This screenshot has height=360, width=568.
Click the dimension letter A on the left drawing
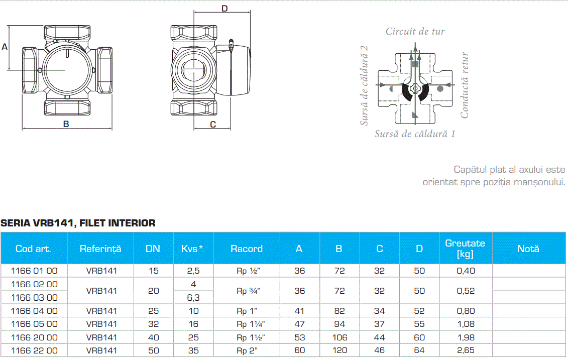click(x=5, y=47)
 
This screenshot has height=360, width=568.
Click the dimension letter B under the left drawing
click(x=66, y=125)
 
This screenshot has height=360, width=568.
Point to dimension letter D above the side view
click(x=224, y=9)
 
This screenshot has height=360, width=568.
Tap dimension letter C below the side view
click(x=213, y=125)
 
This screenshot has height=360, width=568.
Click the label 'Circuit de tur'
click(x=415, y=31)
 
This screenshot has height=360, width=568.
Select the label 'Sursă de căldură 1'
click(x=415, y=134)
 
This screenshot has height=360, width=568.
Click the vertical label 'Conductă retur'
click(x=465, y=85)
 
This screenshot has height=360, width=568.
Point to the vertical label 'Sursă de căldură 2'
click(x=364, y=85)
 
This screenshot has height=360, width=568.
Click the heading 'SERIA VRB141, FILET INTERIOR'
click(x=78, y=223)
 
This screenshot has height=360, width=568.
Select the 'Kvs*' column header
click(x=193, y=249)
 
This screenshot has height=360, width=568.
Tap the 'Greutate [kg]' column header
click(x=465, y=249)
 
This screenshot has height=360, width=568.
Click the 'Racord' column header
click(x=247, y=249)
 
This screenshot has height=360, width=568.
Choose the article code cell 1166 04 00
click(x=34, y=311)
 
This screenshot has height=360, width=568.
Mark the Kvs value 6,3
click(x=193, y=297)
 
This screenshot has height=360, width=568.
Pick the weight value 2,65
click(x=466, y=350)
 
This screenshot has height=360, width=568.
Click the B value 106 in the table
click(x=339, y=337)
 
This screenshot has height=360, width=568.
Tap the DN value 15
click(x=153, y=271)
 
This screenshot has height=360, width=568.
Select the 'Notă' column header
click(x=528, y=249)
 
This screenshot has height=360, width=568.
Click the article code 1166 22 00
click(x=34, y=350)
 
